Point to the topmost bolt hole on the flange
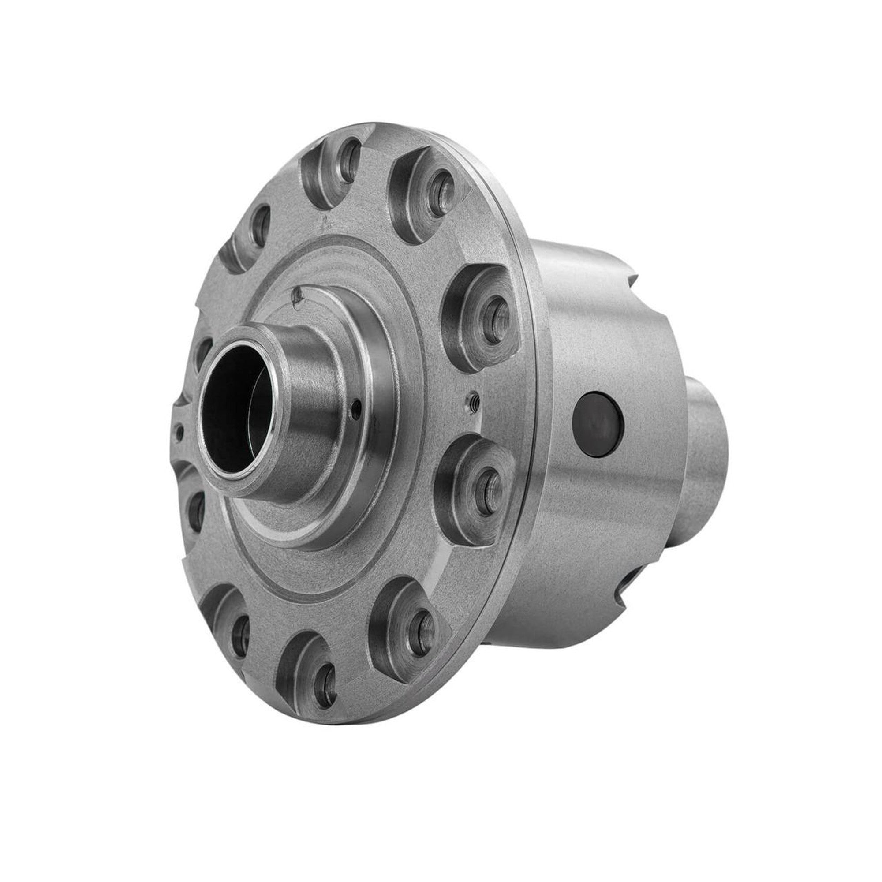(x=348, y=155)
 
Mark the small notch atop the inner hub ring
(x=297, y=296)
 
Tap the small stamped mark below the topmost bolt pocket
(x=325, y=223)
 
